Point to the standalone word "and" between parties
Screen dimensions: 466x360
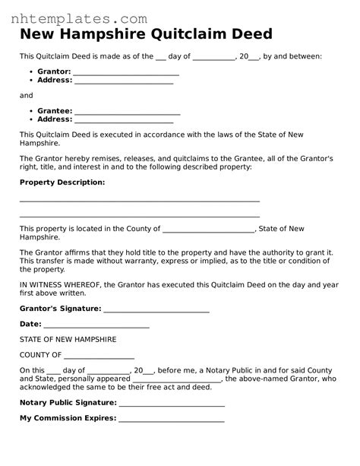click(x=27, y=95)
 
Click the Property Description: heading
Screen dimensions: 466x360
click(x=62, y=182)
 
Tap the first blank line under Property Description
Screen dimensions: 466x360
click(x=139, y=201)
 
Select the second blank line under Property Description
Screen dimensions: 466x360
click(x=139, y=216)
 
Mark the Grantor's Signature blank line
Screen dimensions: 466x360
click(x=156, y=312)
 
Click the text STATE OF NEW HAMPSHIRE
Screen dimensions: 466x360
click(x=68, y=339)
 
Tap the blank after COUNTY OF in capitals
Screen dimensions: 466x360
click(x=99, y=357)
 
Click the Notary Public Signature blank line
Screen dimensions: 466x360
click(x=172, y=405)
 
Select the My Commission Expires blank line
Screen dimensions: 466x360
click(x=172, y=420)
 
